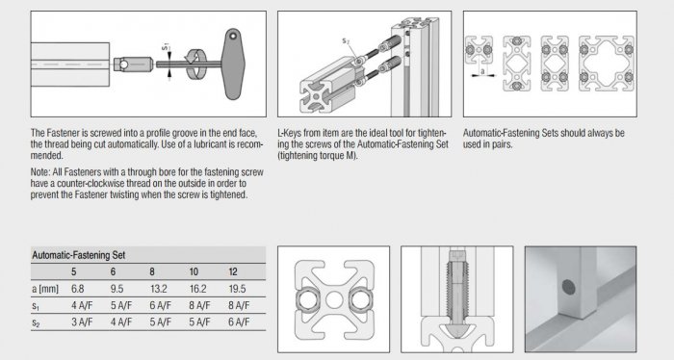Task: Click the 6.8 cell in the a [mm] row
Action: click(x=77, y=289)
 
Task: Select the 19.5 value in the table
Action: click(x=237, y=289)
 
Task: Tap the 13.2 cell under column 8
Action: click(x=159, y=289)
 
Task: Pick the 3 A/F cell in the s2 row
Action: click(x=82, y=321)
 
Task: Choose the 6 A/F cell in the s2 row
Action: click(x=239, y=321)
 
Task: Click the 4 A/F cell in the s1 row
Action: click(x=82, y=305)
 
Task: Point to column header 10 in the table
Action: click(x=194, y=272)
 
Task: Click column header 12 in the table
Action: click(x=233, y=272)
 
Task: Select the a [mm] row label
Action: click(x=45, y=289)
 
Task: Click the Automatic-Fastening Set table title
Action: click(x=79, y=255)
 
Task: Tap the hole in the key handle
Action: click(x=233, y=36)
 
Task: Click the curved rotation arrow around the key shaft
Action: click(x=195, y=64)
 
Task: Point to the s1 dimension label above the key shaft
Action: click(x=166, y=47)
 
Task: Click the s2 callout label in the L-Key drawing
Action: click(x=346, y=40)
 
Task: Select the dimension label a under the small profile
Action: click(x=482, y=71)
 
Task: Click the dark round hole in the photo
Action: click(x=569, y=288)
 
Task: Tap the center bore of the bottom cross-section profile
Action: click(x=334, y=299)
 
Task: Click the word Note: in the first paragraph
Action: click(x=40, y=172)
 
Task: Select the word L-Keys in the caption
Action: click(x=290, y=133)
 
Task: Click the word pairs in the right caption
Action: click(x=502, y=144)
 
